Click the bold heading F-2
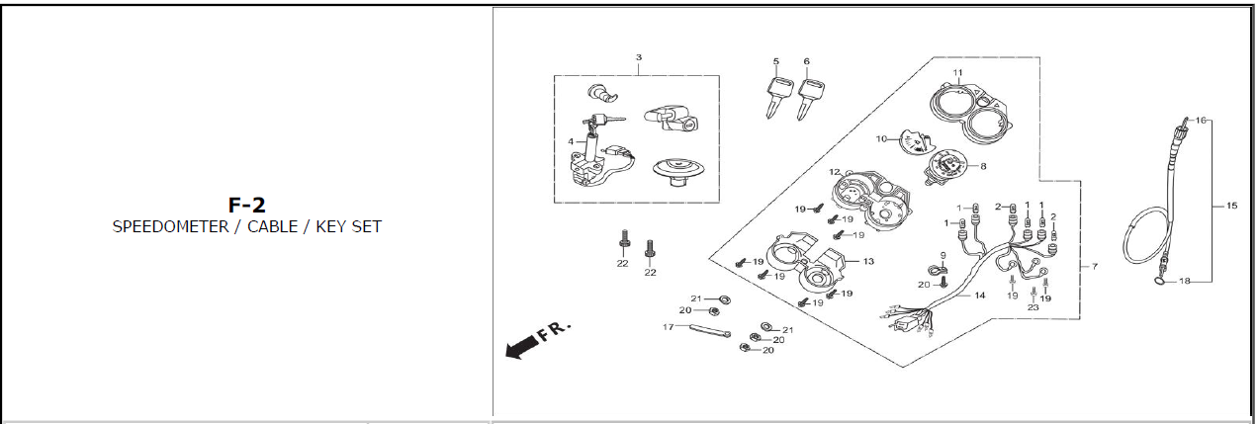click(x=246, y=206)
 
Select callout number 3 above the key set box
click(x=638, y=57)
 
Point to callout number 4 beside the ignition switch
click(x=571, y=141)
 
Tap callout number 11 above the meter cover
click(x=957, y=73)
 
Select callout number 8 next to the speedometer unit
click(x=983, y=166)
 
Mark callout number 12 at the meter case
click(x=834, y=172)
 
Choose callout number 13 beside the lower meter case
click(x=868, y=261)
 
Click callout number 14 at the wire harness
click(x=979, y=296)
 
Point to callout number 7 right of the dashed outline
click(x=1094, y=267)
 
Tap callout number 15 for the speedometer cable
click(x=1231, y=206)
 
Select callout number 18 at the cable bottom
click(x=1185, y=282)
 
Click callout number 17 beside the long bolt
click(x=668, y=326)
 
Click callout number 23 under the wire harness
click(x=1033, y=307)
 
